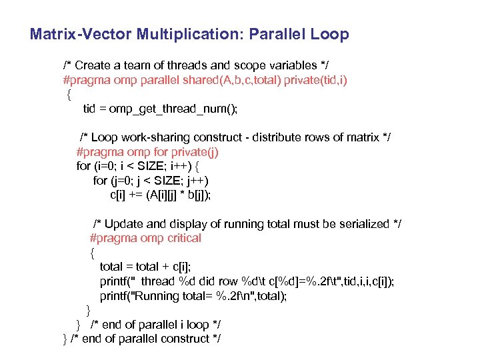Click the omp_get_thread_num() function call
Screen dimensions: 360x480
pyautogui.click(x=193, y=109)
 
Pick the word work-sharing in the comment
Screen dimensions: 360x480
pyautogui.click(x=155, y=137)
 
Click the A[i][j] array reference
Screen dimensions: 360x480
pyautogui.click(x=161, y=195)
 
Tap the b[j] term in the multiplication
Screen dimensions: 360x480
pyautogui.click(x=198, y=195)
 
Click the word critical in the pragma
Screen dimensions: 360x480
pyautogui.click(x=181, y=238)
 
